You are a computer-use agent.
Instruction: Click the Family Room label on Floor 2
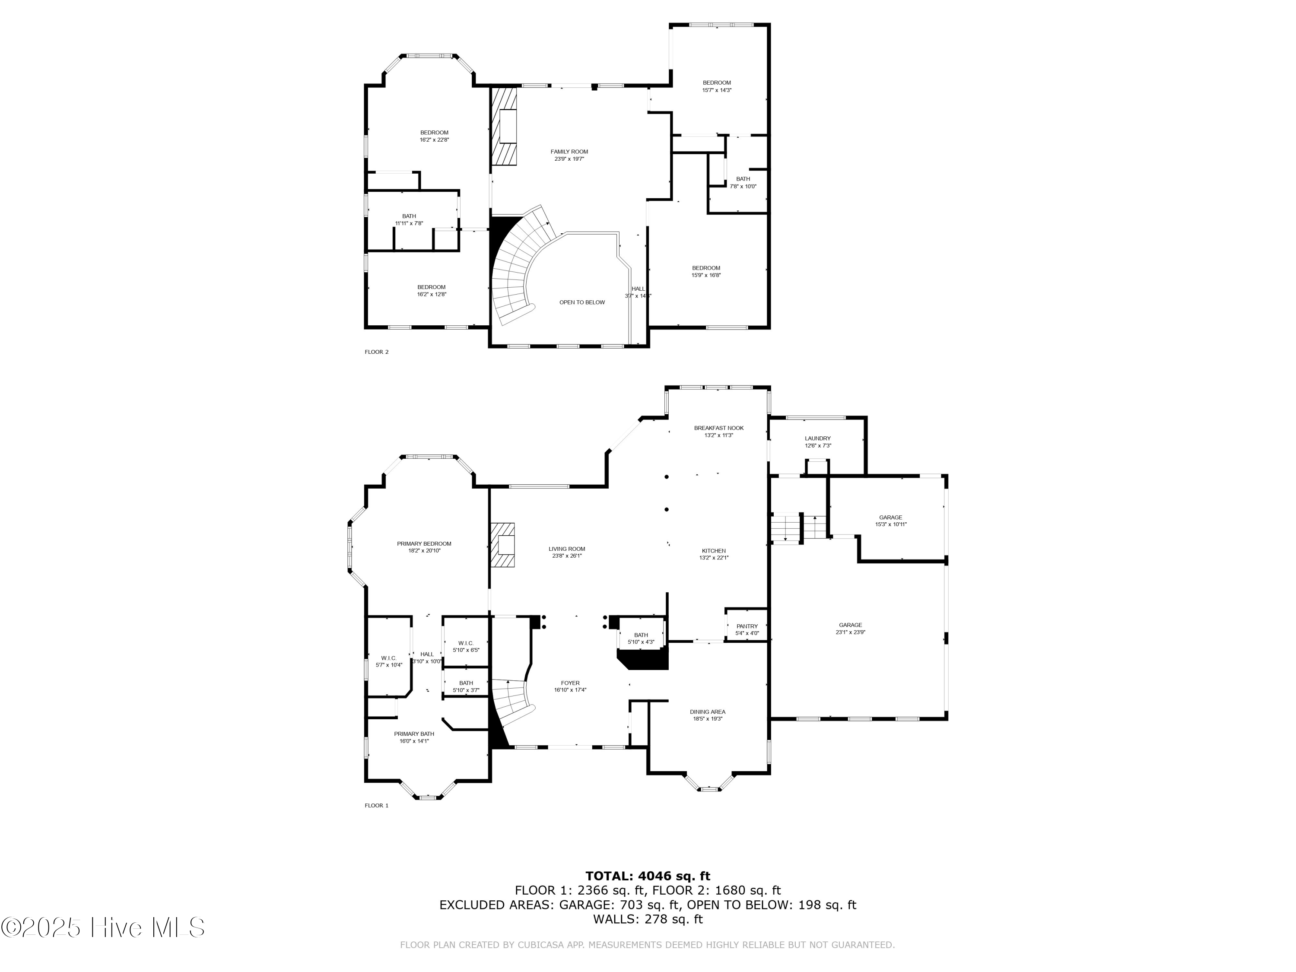click(x=569, y=152)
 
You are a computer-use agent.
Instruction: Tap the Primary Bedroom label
click(x=424, y=544)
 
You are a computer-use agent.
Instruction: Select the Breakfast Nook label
click(x=718, y=428)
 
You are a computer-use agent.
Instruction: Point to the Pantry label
click(x=747, y=626)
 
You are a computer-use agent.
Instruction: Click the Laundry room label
click(x=817, y=438)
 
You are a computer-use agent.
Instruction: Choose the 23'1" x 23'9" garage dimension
click(x=850, y=632)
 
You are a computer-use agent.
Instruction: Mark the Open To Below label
click(x=582, y=302)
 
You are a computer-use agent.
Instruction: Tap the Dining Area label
click(x=708, y=712)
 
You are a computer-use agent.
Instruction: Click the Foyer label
click(x=570, y=683)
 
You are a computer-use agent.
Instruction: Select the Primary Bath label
click(x=414, y=734)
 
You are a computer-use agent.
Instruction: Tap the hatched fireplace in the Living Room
click(x=503, y=545)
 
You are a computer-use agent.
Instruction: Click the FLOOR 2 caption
click(x=376, y=352)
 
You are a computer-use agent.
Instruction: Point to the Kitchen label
click(x=714, y=551)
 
